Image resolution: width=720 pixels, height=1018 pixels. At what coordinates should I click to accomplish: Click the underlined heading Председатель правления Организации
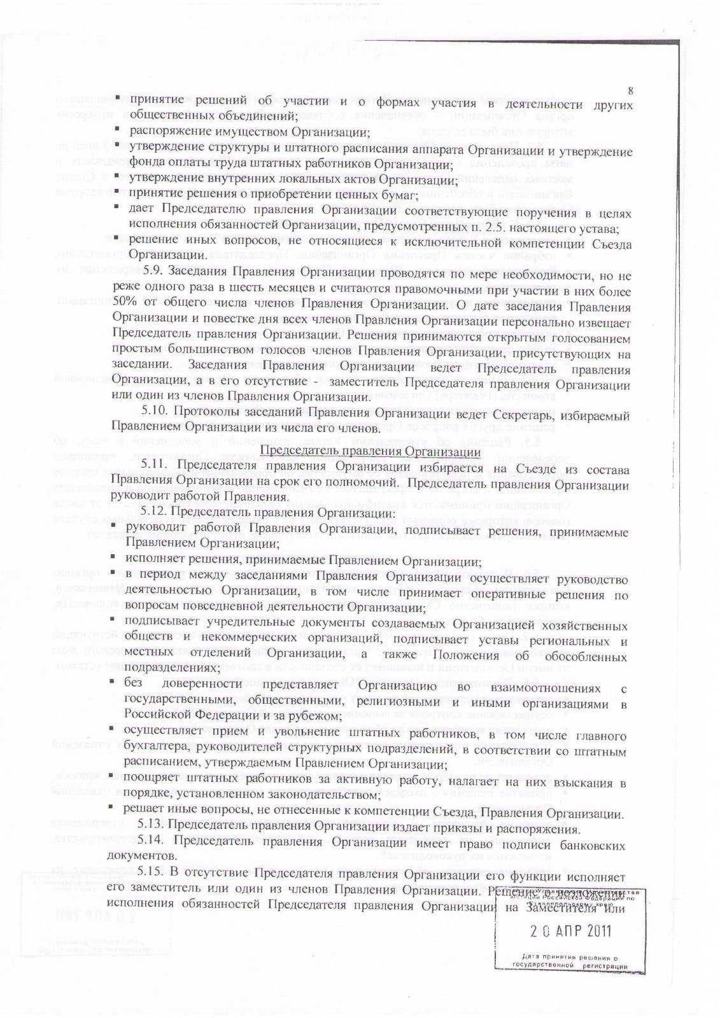pyautogui.click(x=371, y=452)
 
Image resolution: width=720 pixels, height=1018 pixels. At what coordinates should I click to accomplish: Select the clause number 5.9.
pyautogui.click(x=155, y=270)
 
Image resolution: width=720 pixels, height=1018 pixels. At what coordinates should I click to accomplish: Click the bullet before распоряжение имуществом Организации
pyautogui.click(x=117, y=130)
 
